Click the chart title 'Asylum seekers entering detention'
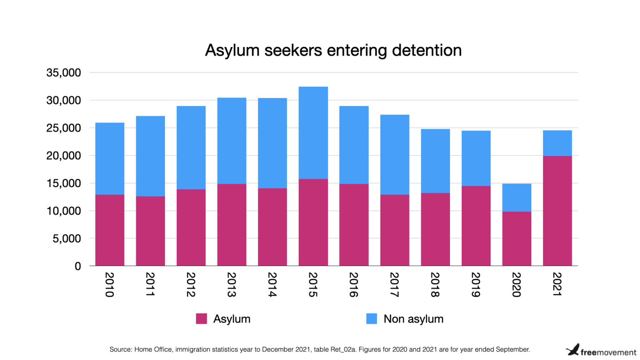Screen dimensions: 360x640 (x=333, y=50)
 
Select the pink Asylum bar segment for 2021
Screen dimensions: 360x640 (x=557, y=211)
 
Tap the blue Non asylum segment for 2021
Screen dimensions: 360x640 (x=557, y=143)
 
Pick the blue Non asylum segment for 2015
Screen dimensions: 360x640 (x=313, y=132)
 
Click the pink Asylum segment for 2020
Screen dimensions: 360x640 (x=516, y=238)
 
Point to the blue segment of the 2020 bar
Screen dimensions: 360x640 (x=516, y=197)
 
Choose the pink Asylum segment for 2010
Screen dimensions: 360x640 (x=110, y=230)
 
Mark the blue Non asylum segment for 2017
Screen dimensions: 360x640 (x=395, y=155)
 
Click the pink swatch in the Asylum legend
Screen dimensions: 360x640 (x=201, y=319)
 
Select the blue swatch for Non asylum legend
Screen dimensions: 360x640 (x=371, y=319)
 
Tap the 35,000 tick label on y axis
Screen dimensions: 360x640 (x=63, y=73)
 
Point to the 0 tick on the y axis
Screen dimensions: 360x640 (x=77, y=266)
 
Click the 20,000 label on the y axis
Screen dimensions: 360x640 (x=63, y=156)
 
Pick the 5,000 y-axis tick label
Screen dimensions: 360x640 (x=66, y=239)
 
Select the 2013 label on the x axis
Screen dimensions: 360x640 (x=232, y=285)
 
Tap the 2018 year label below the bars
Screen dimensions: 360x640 (x=435, y=285)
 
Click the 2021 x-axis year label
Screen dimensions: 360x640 (x=557, y=285)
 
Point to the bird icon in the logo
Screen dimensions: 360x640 (x=572, y=350)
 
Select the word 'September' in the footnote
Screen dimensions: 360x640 (x=513, y=350)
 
